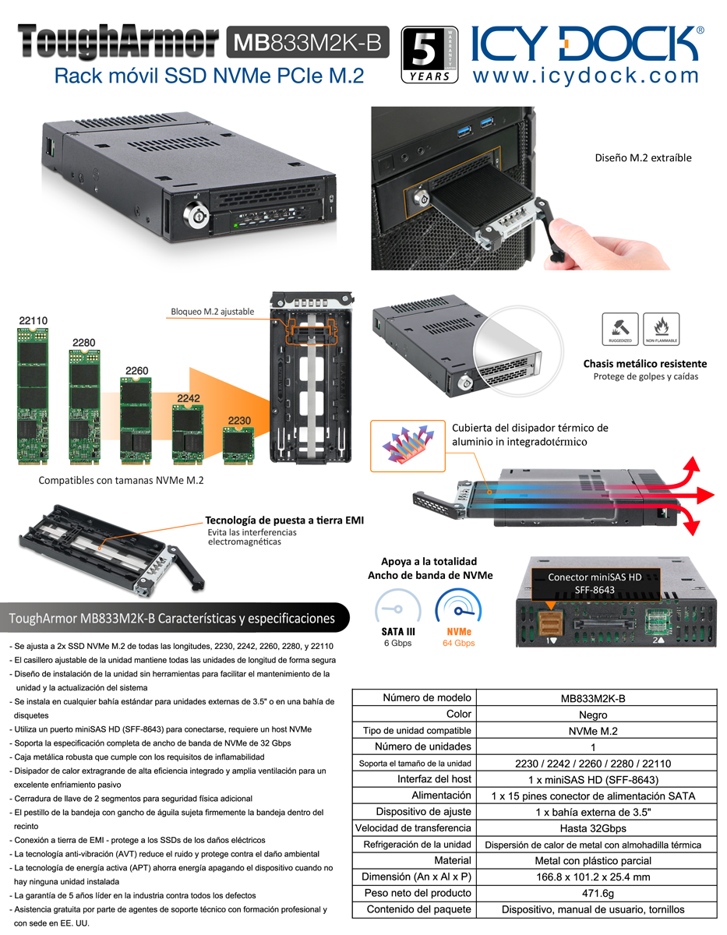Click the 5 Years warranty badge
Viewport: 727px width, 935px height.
(429, 55)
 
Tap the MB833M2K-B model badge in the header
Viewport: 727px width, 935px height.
(308, 42)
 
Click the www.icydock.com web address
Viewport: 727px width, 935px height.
(585, 76)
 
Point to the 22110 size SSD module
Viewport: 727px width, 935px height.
(33, 397)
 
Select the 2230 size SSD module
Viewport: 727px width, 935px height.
(238, 446)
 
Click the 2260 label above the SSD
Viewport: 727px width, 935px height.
(137, 370)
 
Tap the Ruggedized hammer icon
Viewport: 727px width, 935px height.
(620, 329)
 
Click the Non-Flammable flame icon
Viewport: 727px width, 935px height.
(662, 329)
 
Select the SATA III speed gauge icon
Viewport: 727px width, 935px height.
(398, 608)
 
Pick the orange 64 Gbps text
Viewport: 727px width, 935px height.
(459, 644)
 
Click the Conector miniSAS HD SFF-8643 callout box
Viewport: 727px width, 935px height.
(595, 584)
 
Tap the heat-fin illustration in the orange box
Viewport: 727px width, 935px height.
(408, 446)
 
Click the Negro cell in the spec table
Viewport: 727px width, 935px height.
(593, 714)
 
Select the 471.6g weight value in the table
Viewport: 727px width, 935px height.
(598, 893)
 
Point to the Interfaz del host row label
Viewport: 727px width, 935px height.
(434, 779)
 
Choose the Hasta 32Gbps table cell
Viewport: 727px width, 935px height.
(593, 828)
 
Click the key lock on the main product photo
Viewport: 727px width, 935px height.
(196, 213)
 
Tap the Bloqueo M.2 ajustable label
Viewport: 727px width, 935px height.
(213, 312)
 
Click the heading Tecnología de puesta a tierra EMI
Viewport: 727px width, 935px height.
(284, 520)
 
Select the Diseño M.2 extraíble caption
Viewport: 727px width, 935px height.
(643, 158)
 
